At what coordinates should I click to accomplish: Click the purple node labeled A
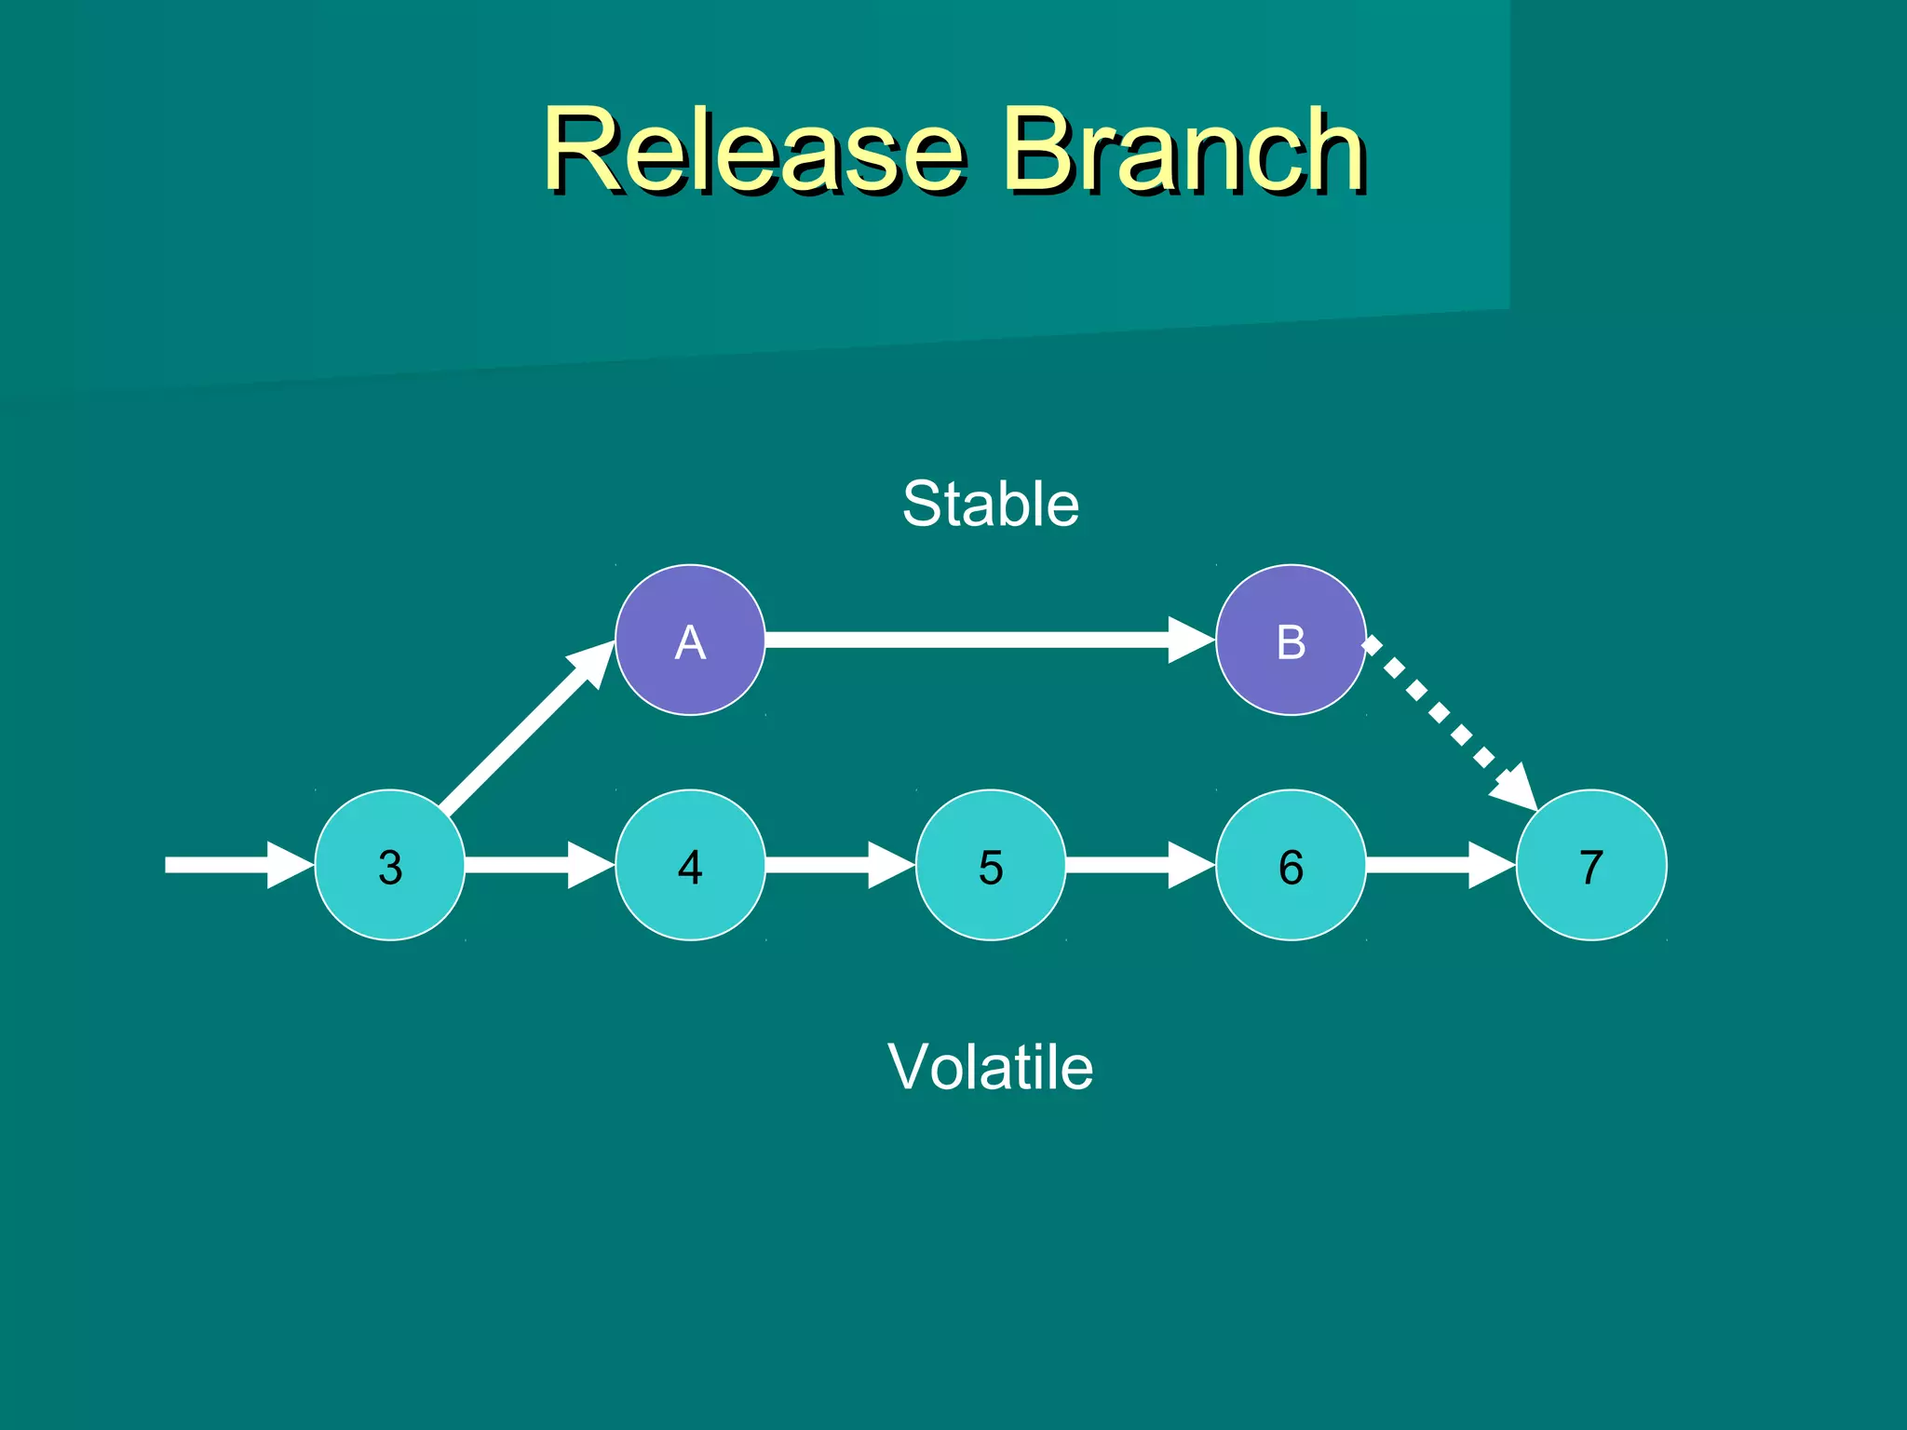[690, 641]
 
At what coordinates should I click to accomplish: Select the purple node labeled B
[1291, 641]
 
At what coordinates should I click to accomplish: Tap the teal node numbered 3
[390, 866]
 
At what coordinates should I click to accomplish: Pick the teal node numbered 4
[690, 866]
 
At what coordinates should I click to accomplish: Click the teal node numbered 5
[991, 866]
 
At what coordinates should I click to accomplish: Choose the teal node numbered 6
[1291, 866]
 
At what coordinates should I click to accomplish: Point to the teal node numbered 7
[1591, 866]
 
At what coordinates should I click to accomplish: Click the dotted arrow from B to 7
[1439, 713]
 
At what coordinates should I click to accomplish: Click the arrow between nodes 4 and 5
[838, 866]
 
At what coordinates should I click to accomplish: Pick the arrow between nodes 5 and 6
[1138, 866]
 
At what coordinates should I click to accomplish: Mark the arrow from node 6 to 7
[1439, 866]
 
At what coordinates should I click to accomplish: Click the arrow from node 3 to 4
[538, 866]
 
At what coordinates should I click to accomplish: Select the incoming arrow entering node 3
[237, 866]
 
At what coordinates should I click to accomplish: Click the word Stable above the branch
[991, 505]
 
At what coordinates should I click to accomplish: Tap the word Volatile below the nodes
[991, 1067]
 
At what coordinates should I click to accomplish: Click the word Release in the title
[754, 151]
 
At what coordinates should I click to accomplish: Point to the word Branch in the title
[1184, 151]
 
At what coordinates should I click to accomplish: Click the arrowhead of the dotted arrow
[1516, 789]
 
